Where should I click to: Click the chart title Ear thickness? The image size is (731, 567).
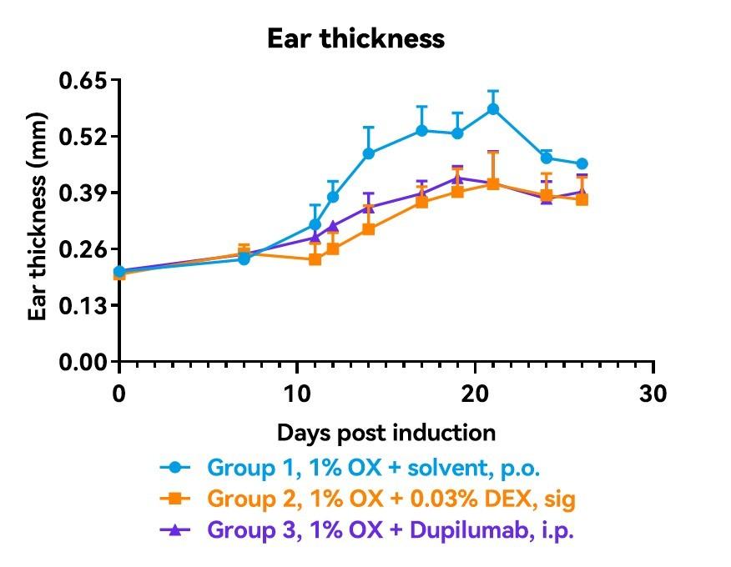[355, 39]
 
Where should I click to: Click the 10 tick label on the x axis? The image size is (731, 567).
[297, 393]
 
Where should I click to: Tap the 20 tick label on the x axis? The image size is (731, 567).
[475, 393]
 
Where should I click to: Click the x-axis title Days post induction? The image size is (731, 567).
[386, 433]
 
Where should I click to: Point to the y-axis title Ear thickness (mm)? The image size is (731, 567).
[38, 221]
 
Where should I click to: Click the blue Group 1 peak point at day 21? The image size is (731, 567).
[493, 108]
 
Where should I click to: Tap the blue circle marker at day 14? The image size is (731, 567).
[369, 153]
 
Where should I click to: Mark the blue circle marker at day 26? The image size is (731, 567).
[582, 163]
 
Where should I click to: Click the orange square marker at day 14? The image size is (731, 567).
[369, 228]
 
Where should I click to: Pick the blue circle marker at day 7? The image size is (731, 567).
[244, 258]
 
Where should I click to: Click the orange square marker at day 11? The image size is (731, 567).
[315, 258]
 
